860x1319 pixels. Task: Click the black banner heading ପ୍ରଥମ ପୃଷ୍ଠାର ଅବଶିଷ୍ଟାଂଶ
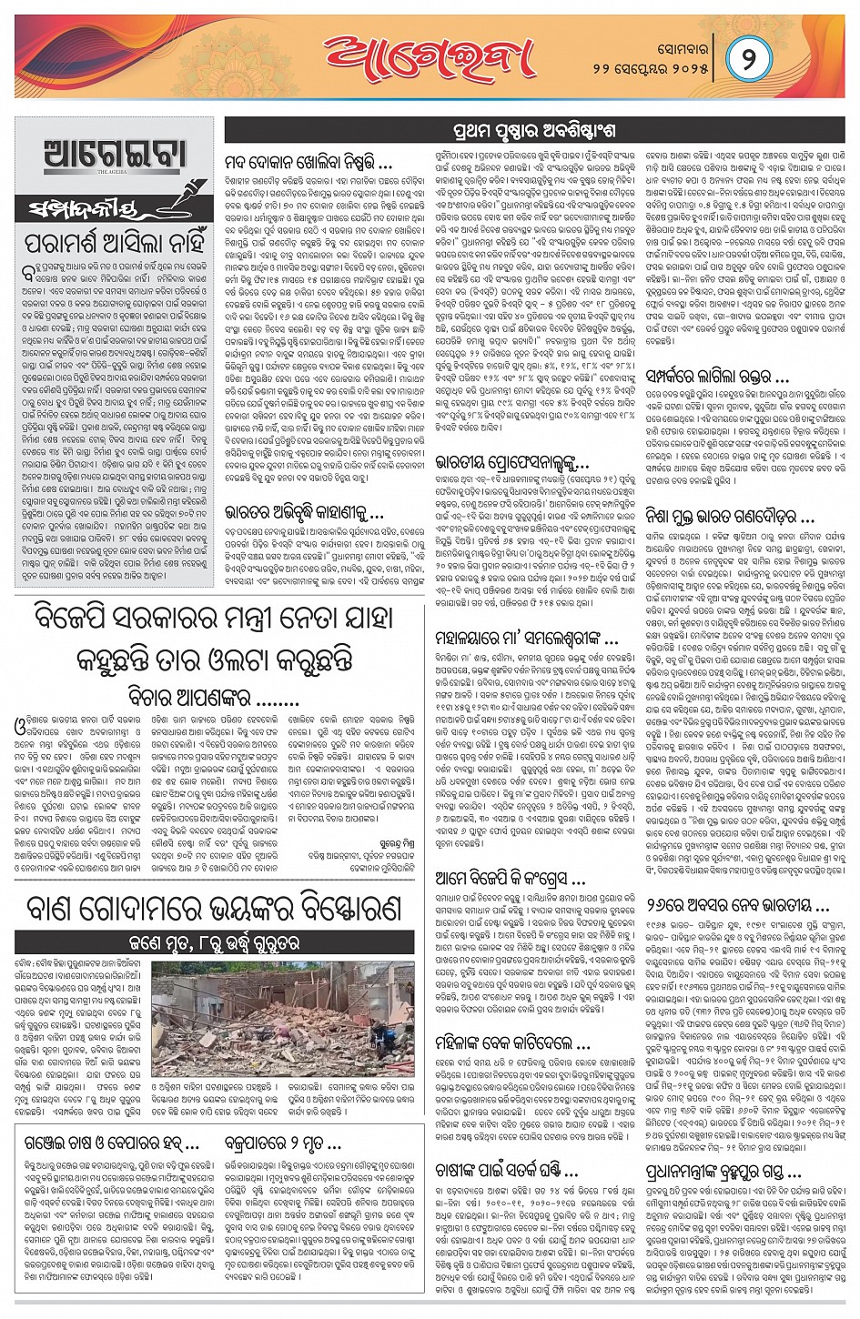pyautogui.click(x=534, y=129)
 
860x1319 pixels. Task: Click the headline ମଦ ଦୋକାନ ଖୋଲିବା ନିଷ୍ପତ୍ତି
pyautogui.click(x=309, y=164)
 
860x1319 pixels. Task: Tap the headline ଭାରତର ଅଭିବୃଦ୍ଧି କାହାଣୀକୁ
pyautogui.click(x=304, y=512)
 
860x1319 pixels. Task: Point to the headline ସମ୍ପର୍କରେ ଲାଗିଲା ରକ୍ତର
pyautogui.click(x=717, y=374)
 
